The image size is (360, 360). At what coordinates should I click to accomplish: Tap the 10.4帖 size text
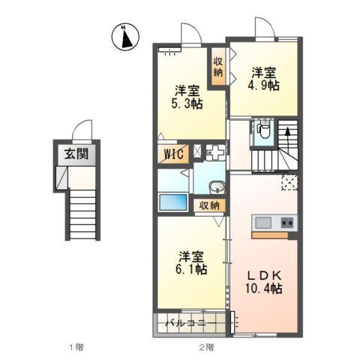pos(263,287)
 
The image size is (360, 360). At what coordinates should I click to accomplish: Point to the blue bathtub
pos(173,203)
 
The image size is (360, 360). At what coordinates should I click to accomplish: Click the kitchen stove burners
pos(286,222)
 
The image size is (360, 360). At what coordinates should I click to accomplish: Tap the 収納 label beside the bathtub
pos(210,205)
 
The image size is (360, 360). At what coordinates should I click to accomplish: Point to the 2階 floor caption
pos(206,346)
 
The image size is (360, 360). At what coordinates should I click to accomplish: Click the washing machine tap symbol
pos(215,152)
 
